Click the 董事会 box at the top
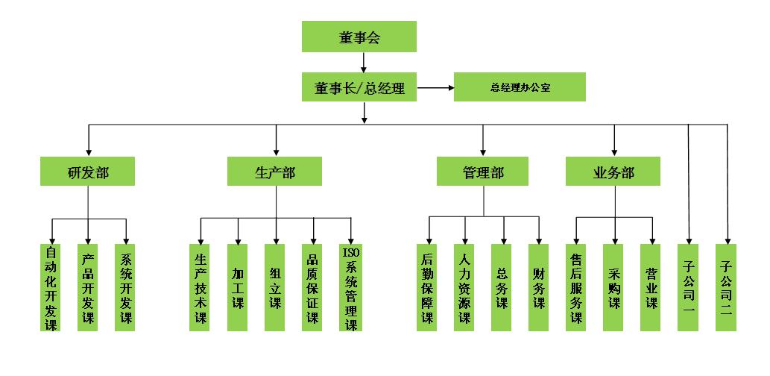tap(359, 37)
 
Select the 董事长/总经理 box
tap(359, 87)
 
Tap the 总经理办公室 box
tap(520, 87)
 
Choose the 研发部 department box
tap(88, 172)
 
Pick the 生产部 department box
tap(275, 172)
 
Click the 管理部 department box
tap(483, 172)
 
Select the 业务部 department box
tap(613, 172)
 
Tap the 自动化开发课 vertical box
tap(51, 287)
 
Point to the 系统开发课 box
tap(126, 287)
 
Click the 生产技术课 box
tap(201, 287)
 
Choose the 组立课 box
tap(276, 287)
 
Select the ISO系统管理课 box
tap(350, 287)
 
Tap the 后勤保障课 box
tap(428, 287)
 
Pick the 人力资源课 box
tap(465, 287)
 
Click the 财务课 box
tap(539, 287)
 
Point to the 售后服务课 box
tap(576, 287)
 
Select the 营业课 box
tap(651, 287)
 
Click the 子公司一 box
tap(689, 287)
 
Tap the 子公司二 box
tap(727, 287)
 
